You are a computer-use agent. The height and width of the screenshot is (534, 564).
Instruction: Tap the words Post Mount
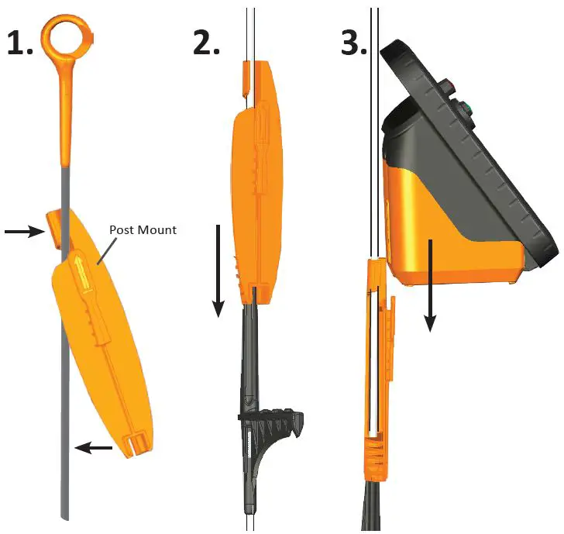[143, 230]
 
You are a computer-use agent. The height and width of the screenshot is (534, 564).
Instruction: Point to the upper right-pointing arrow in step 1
[23, 230]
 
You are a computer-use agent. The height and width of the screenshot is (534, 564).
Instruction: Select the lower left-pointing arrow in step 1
[96, 447]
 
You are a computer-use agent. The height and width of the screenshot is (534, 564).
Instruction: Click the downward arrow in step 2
[219, 270]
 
